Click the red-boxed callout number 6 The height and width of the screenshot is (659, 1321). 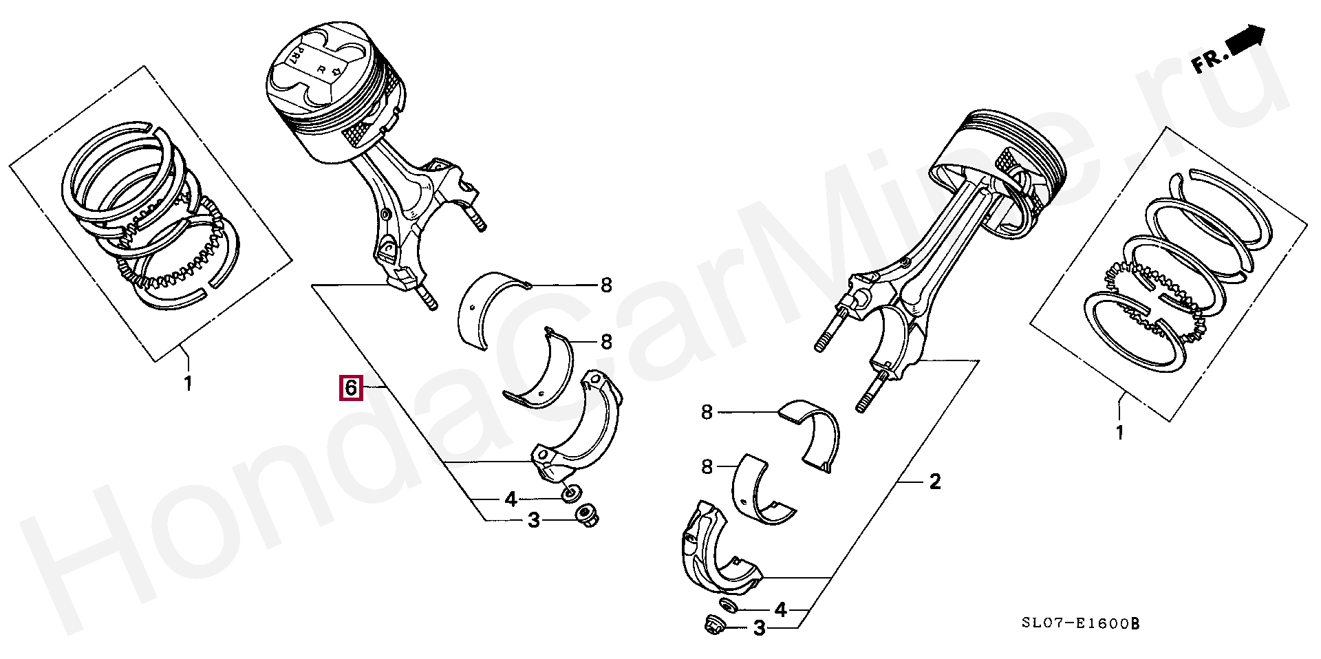[x=350, y=388]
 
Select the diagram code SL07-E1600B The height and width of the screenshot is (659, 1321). [x=1080, y=624]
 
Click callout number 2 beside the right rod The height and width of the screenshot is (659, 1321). [x=935, y=482]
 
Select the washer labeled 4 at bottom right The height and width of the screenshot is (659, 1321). [x=727, y=605]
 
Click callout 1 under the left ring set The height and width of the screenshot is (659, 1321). [x=188, y=383]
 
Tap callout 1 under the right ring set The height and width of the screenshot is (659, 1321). [x=1119, y=433]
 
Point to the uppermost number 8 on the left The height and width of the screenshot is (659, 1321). [x=606, y=285]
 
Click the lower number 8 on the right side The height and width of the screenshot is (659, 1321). [x=707, y=467]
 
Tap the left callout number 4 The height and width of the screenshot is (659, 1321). [x=511, y=499]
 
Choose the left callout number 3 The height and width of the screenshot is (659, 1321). [x=534, y=521]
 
